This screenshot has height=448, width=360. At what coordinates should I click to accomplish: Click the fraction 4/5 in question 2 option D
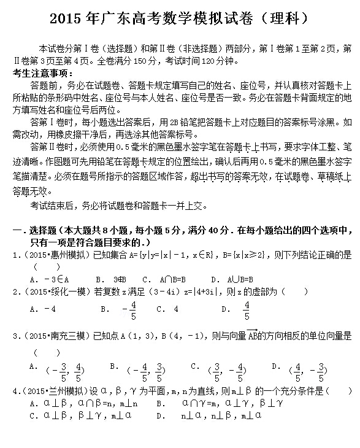[247, 310]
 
